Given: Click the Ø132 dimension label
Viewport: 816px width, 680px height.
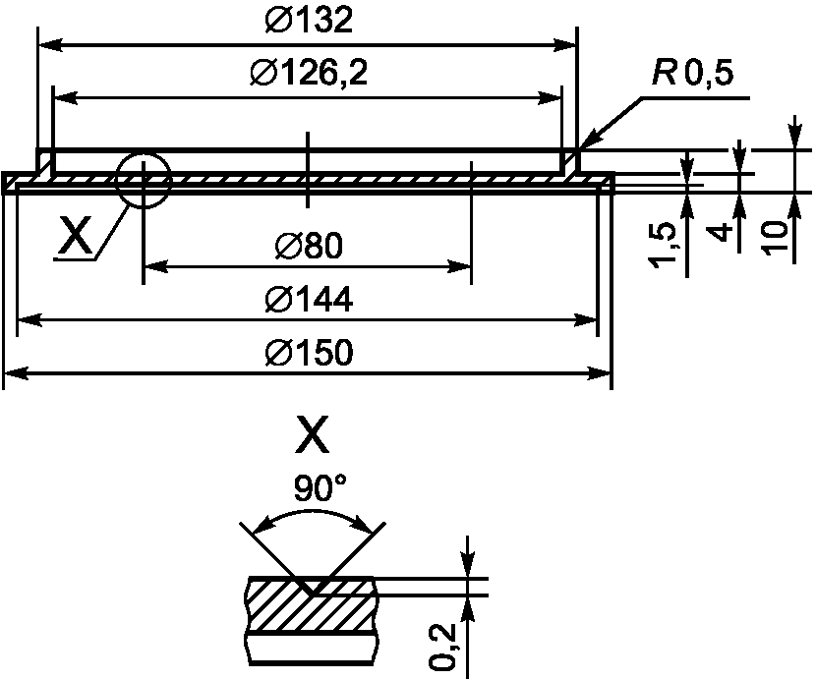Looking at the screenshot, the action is point(309,21).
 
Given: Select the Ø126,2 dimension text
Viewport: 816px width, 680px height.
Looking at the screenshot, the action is point(309,73).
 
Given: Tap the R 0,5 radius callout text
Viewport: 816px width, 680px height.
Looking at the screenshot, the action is point(693,73).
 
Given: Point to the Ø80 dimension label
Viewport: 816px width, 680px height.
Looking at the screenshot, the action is point(309,245).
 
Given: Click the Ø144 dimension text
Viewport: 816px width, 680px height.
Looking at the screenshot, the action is point(309,299).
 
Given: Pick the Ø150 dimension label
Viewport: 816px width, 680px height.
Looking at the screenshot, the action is point(309,351).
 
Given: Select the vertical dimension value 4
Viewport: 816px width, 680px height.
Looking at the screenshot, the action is point(721,233).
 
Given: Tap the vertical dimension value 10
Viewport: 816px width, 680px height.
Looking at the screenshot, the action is point(776,238).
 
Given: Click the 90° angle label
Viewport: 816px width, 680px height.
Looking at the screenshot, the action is point(319,487).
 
